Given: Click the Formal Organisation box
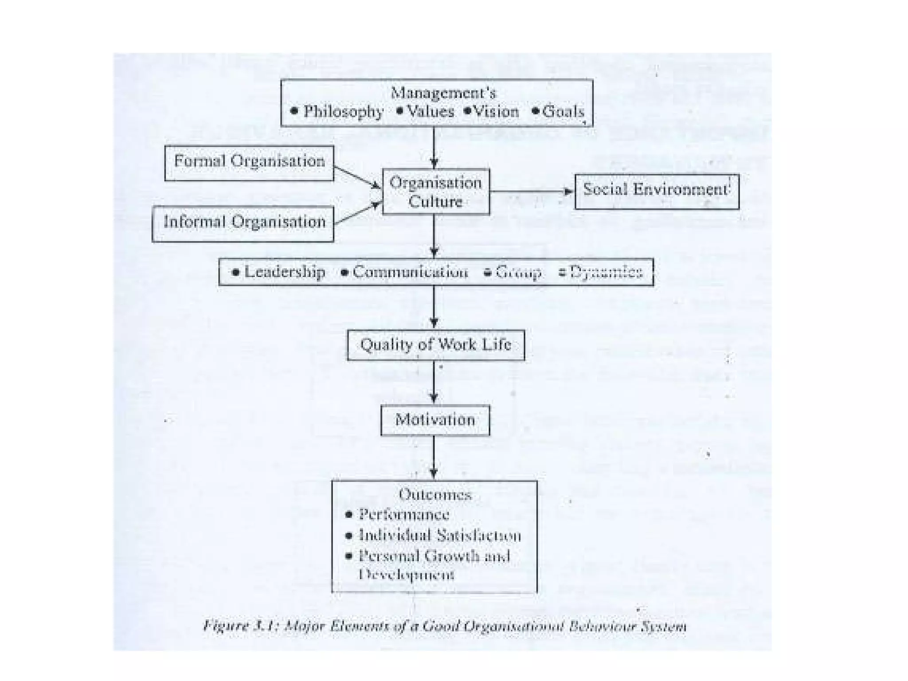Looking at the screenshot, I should (249, 163).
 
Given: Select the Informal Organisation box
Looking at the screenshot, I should (243, 223).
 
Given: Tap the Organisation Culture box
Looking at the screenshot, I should (436, 192).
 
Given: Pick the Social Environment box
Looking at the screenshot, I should (656, 191).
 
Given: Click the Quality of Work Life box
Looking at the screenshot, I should (435, 345).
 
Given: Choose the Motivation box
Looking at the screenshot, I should (435, 420).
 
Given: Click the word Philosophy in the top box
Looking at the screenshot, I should (343, 111).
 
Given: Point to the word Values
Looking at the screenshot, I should (430, 111).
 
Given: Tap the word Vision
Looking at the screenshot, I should (496, 111).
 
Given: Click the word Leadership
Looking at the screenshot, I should (284, 272).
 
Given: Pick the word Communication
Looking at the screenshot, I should (410, 272).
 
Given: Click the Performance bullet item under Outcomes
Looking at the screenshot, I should (403, 514).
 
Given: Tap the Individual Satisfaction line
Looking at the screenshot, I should (439, 535).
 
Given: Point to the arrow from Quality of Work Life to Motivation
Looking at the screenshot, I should (434, 382).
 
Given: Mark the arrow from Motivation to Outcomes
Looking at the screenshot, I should (434, 457).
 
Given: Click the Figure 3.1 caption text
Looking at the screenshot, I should (445, 626).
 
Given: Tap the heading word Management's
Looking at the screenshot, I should (443, 93).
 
